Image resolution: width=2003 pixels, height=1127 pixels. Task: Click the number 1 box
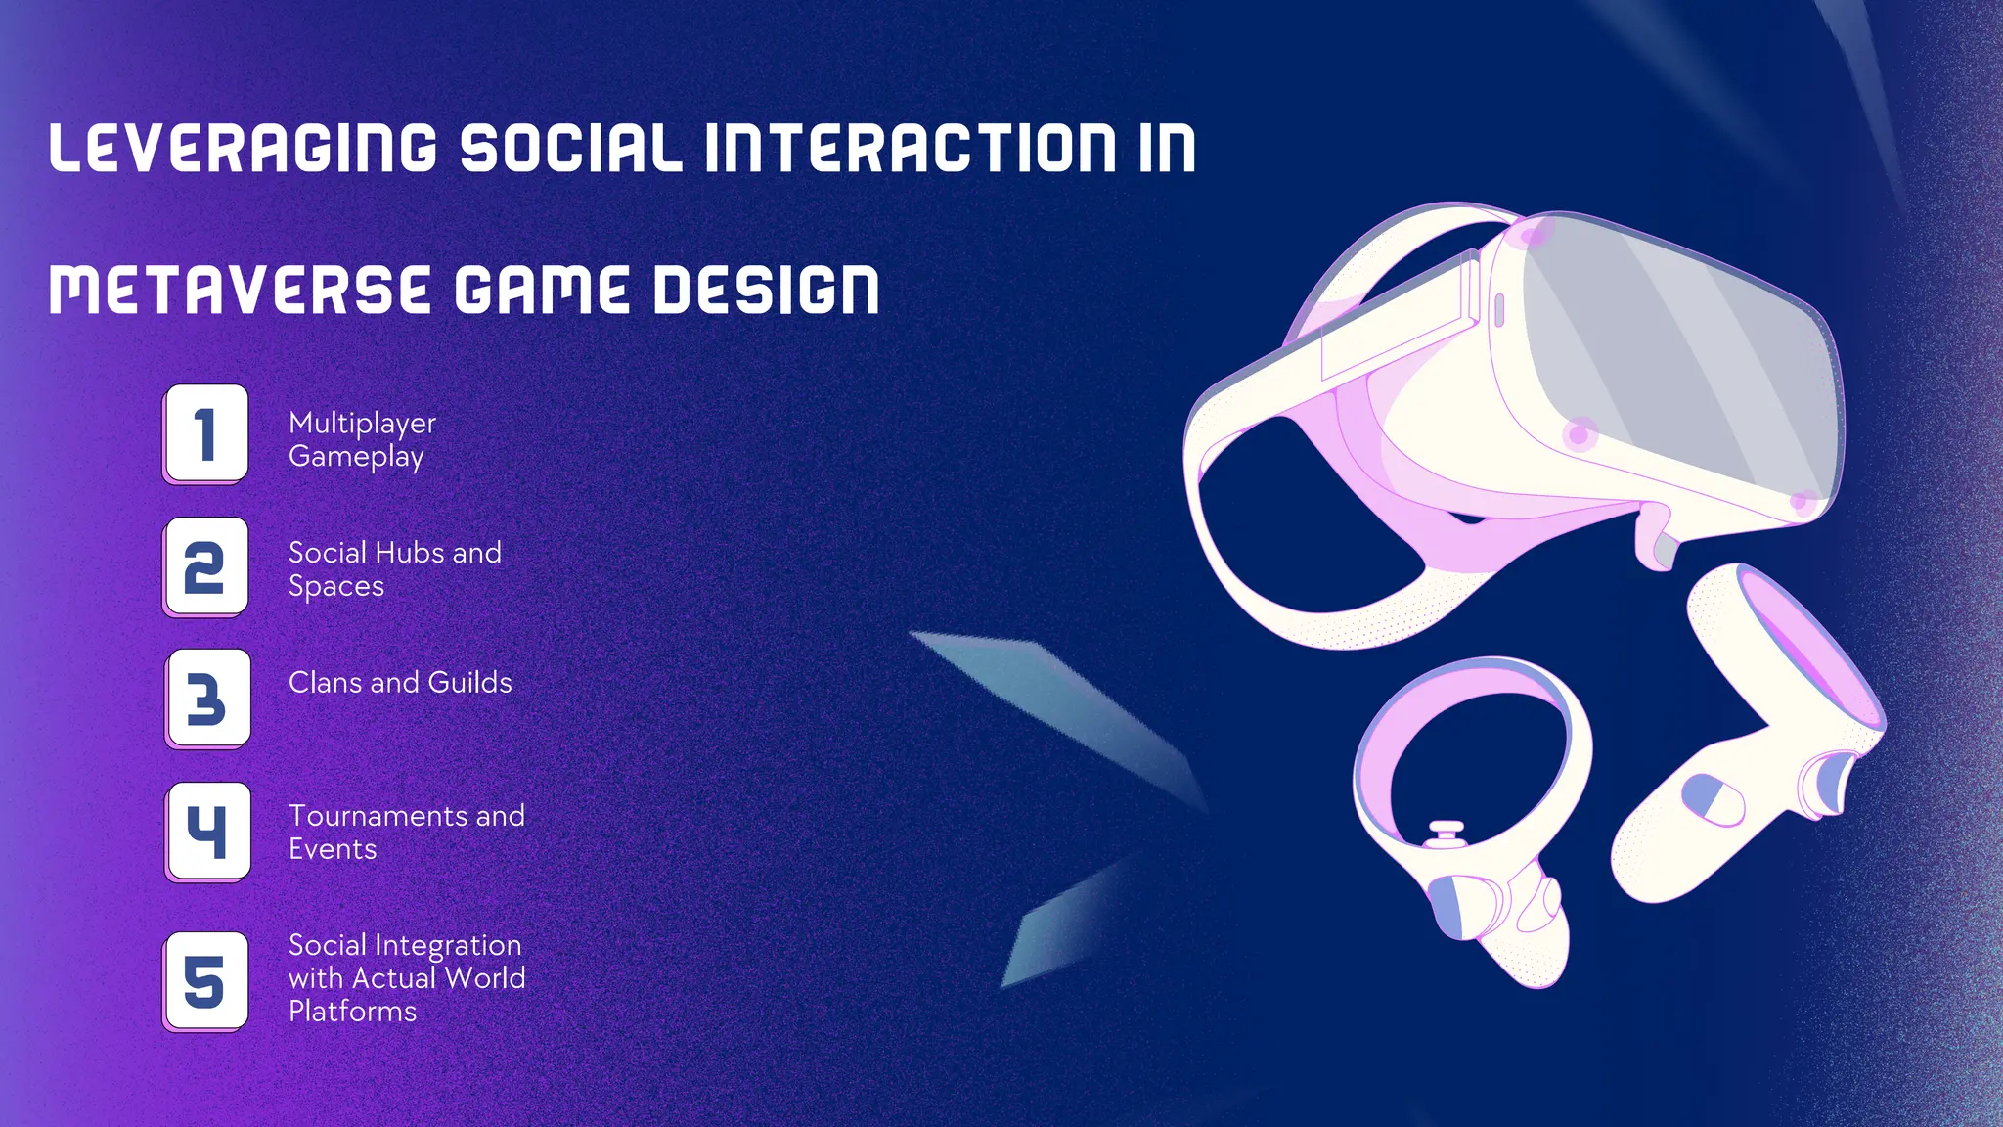(206, 432)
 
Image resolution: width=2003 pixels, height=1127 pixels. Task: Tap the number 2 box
(206, 566)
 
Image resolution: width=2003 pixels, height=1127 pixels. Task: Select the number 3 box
(208, 698)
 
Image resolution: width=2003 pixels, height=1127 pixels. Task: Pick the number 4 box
(208, 831)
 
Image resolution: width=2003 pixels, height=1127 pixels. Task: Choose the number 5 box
(206, 979)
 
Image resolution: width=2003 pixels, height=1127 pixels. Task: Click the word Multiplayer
(362, 424)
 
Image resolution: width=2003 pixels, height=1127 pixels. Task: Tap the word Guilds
(469, 682)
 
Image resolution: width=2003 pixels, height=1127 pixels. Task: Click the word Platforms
(352, 1011)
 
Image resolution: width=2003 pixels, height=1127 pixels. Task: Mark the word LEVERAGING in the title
(243, 149)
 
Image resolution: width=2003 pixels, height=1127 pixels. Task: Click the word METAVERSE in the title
(240, 291)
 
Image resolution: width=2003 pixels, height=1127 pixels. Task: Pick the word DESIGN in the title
(766, 291)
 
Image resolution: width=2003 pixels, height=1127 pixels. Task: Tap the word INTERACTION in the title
(910, 149)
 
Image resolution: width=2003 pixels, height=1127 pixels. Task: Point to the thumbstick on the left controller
(1446, 833)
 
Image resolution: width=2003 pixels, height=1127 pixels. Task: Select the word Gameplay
(356, 457)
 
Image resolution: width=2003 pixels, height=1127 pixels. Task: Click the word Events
(333, 848)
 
